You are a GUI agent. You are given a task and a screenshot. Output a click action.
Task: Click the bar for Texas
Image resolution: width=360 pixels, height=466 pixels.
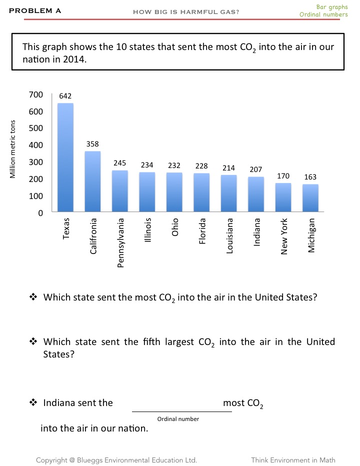coord(65,157)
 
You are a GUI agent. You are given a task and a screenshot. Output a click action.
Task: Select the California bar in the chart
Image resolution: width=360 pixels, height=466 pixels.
coord(92,181)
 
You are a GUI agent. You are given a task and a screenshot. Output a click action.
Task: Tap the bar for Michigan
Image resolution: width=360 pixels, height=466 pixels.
coord(310,198)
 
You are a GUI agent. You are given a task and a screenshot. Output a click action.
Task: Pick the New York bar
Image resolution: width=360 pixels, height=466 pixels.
coord(283,197)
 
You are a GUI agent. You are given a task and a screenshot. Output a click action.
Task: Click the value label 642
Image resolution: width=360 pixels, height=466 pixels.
coord(65,95)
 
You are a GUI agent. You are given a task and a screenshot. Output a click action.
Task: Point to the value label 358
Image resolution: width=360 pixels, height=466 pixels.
coord(92,144)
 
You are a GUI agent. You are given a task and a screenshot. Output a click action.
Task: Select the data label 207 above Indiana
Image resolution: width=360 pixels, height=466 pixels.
coord(256,170)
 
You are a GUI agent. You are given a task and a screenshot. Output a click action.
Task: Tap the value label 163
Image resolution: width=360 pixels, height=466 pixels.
coord(310,177)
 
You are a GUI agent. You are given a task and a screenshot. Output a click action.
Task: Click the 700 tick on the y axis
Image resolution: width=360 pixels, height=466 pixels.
coord(37,94)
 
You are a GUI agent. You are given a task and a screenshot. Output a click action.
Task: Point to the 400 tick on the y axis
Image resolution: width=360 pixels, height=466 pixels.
coord(37,145)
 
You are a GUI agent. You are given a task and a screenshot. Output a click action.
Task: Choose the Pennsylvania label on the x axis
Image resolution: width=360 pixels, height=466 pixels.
coord(120,242)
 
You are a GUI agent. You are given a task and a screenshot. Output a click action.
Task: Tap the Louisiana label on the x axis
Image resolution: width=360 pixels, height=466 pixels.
coord(229,235)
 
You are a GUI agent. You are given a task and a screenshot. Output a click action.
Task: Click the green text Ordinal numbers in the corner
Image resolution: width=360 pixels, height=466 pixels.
coord(323,14)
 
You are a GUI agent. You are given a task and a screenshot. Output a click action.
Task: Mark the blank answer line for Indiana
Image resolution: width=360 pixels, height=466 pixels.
coord(181,411)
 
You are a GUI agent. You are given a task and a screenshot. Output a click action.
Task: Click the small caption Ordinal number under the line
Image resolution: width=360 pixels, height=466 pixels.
coord(178,419)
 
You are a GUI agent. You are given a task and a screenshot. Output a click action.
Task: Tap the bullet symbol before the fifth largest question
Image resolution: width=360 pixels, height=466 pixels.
coord(33,342)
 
